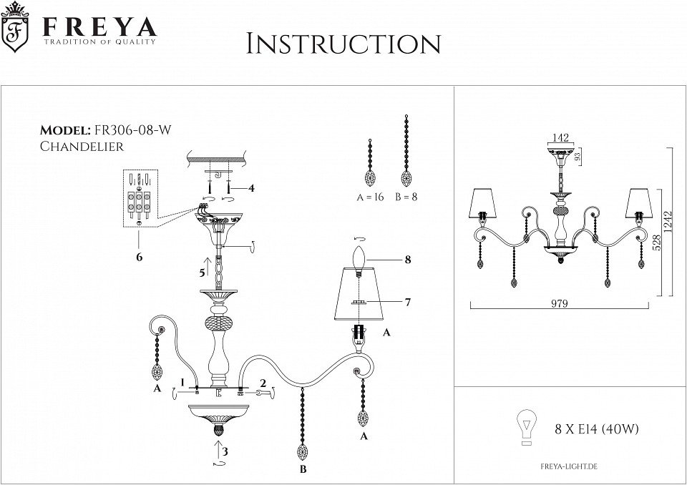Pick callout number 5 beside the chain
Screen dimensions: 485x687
pyautogui.click(x=202, y=273)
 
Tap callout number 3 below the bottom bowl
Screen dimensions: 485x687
pyautogui.click(x=225, y=451)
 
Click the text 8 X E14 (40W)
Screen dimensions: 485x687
pyautogui.click(x=596, y=430)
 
